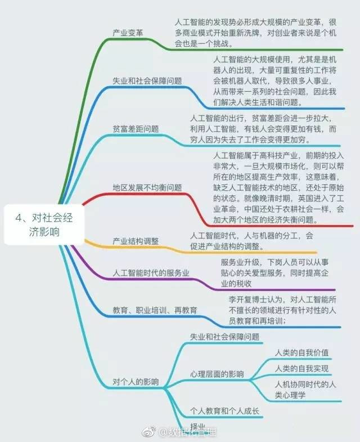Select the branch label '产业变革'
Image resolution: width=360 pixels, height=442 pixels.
click(128, 33)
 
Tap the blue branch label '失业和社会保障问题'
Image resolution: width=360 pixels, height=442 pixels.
click(147, 81)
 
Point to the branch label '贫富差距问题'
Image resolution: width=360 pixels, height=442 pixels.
click(136, 128)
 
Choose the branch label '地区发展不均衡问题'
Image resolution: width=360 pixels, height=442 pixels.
click(147, 187)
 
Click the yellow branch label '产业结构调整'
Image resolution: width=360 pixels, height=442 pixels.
click(136, 241)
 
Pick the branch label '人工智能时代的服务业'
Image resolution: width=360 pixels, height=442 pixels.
click(151, 273)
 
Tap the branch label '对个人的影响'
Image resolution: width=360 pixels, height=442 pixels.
click(136, 382)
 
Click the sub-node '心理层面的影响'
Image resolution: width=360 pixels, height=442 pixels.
click(217, 373)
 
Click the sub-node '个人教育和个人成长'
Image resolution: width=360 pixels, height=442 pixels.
click(224, 411)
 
